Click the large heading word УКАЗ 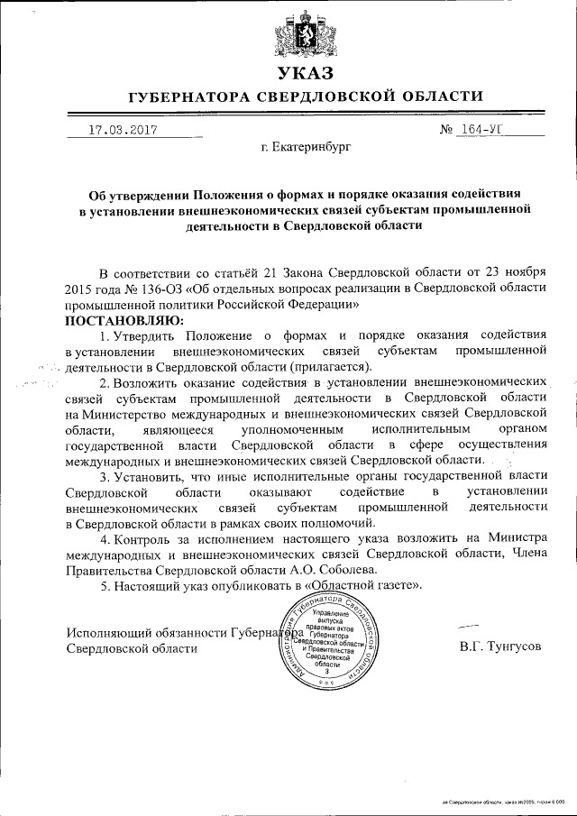(305, 73)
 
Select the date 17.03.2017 (123, 129)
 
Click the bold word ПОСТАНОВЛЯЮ (124, 320)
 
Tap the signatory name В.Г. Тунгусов (499, 647)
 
